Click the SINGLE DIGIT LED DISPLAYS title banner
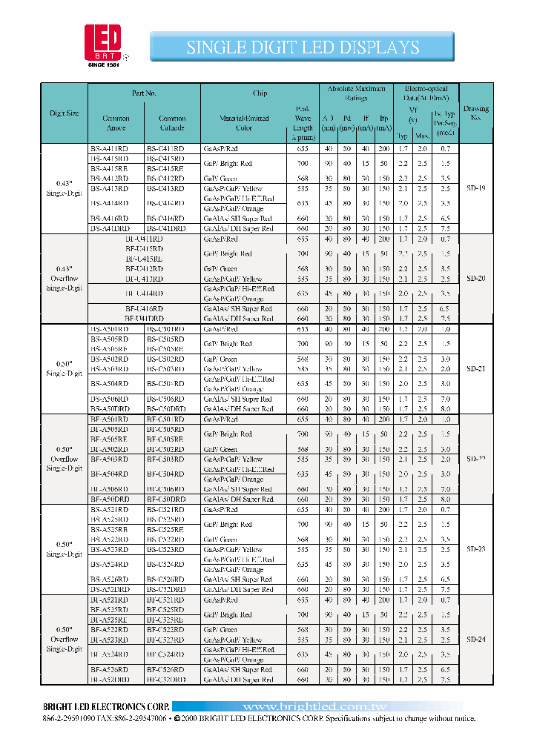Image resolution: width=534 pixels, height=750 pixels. tap(302, 47)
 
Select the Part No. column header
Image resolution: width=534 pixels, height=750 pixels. tap(144, 93)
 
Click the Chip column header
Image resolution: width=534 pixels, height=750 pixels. tap(260, 93)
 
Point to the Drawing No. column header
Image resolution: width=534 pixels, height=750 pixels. tap(476, 113)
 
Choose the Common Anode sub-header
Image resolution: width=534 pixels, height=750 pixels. tap(116, 122)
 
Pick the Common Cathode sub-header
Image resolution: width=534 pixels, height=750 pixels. tap(172, 122)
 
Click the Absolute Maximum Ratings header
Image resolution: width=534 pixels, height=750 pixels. tap(355, 93)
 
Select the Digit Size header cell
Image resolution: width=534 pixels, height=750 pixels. tap(65, 113)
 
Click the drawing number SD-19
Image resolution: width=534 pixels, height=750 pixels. tap(476, 189)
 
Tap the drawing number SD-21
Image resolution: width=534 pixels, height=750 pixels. tap(476, 368)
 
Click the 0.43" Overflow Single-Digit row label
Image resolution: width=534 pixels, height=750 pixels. tap(65, 279)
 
